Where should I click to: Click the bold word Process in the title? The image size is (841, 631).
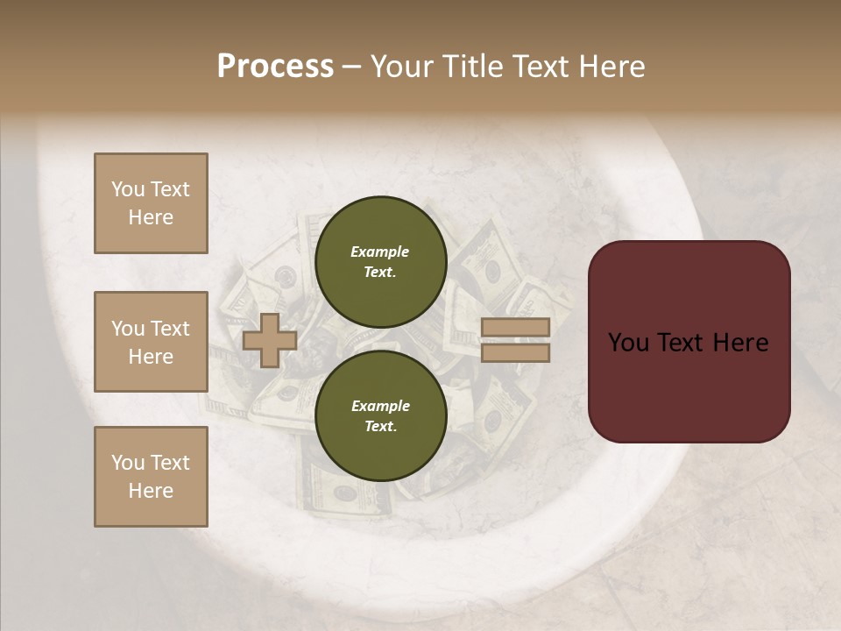(x=275, y=67)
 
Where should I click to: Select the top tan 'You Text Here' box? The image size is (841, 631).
(x=151, y=203)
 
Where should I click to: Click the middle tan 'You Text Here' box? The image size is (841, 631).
(x=151, y=342)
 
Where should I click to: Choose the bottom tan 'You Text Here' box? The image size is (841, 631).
(x=151, y=477)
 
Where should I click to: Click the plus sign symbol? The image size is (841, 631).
(x=270, y=340)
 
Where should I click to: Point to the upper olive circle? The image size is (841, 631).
(x=380, y=261)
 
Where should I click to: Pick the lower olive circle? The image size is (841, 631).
(x=380, y=415)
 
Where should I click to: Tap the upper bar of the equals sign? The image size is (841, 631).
(x=516, y=328)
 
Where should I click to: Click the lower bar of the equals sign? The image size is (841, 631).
(x=516, y=352)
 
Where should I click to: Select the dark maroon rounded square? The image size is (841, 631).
(x=689, y=342)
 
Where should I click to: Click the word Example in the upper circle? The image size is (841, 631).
(x=380, y=252)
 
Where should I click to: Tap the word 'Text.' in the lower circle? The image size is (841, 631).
(x=380, y=426)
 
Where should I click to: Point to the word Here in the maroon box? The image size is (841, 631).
(x=740, y=343)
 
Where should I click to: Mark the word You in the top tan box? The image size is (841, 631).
(x=128, y=189)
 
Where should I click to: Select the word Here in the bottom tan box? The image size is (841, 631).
(x=151, y=491)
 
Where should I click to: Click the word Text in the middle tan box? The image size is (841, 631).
(x=170, y=329)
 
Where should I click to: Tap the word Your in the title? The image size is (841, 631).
(x=403, y=67)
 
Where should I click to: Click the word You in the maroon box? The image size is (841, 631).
(x=628, y=343)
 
